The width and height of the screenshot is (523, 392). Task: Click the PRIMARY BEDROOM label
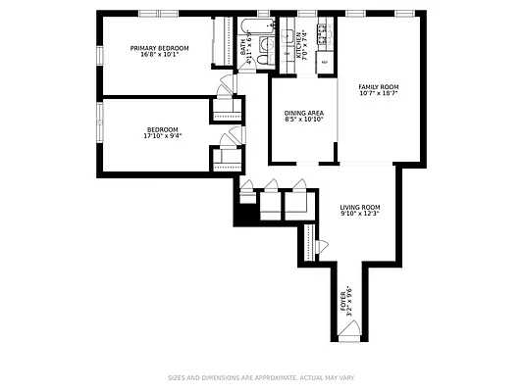[x=160, y=47]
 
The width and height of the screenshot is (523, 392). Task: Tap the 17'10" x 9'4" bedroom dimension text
[x=162, y=136]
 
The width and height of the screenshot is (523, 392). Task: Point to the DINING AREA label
[x=303, y=113]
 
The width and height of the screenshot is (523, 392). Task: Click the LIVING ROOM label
[x=360, y=207]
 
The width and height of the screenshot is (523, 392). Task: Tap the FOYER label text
[x=343, y=297]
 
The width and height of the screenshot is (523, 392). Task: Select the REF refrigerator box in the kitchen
[x=323, y=73]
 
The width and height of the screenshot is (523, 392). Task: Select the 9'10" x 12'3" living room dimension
[x=360, y=214]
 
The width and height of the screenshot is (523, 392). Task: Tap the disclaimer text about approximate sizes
[x=261, y=376]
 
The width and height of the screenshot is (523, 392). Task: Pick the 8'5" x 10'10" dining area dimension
[x=303, y=120]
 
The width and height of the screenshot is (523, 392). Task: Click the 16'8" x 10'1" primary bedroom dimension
[x=160, y=54]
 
